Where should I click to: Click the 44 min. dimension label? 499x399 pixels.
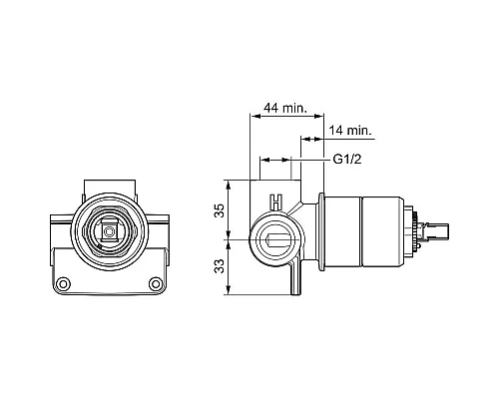(285, 108)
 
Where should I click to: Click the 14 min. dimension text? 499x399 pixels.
(350, 131)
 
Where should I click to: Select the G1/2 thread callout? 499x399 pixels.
(347, 160)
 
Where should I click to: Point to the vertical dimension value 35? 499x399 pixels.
(220, 210)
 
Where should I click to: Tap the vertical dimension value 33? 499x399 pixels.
(220, 266)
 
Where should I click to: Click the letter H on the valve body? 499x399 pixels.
(276, 202)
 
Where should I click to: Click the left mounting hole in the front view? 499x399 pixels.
(63, 284)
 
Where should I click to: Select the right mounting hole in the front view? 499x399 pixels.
(156, 284)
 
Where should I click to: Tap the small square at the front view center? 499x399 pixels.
(108, 231)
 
